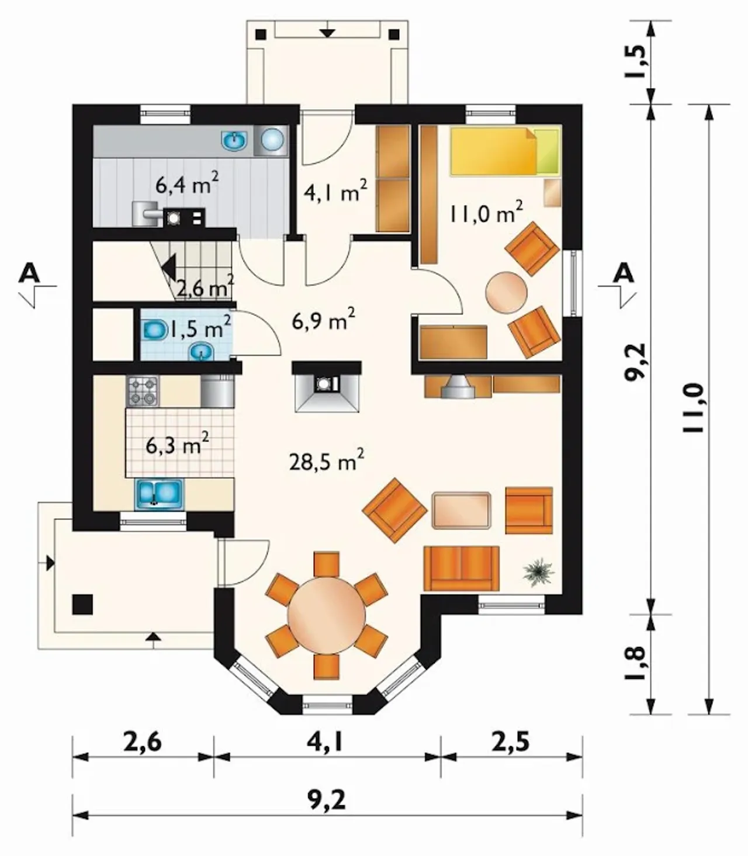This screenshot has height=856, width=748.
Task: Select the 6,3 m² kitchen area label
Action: (178, 445)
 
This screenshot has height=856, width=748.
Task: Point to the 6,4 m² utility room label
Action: (187, 184)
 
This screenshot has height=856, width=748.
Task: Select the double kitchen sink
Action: (158, 494)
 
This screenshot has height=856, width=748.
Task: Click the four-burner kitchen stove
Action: (142, 391)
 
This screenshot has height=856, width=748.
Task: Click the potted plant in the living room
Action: (538, 570)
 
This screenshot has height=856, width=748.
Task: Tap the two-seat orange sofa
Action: (462, 568)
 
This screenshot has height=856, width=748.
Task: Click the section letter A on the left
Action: (29, 274)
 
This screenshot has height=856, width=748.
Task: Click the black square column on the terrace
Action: (82, 604)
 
